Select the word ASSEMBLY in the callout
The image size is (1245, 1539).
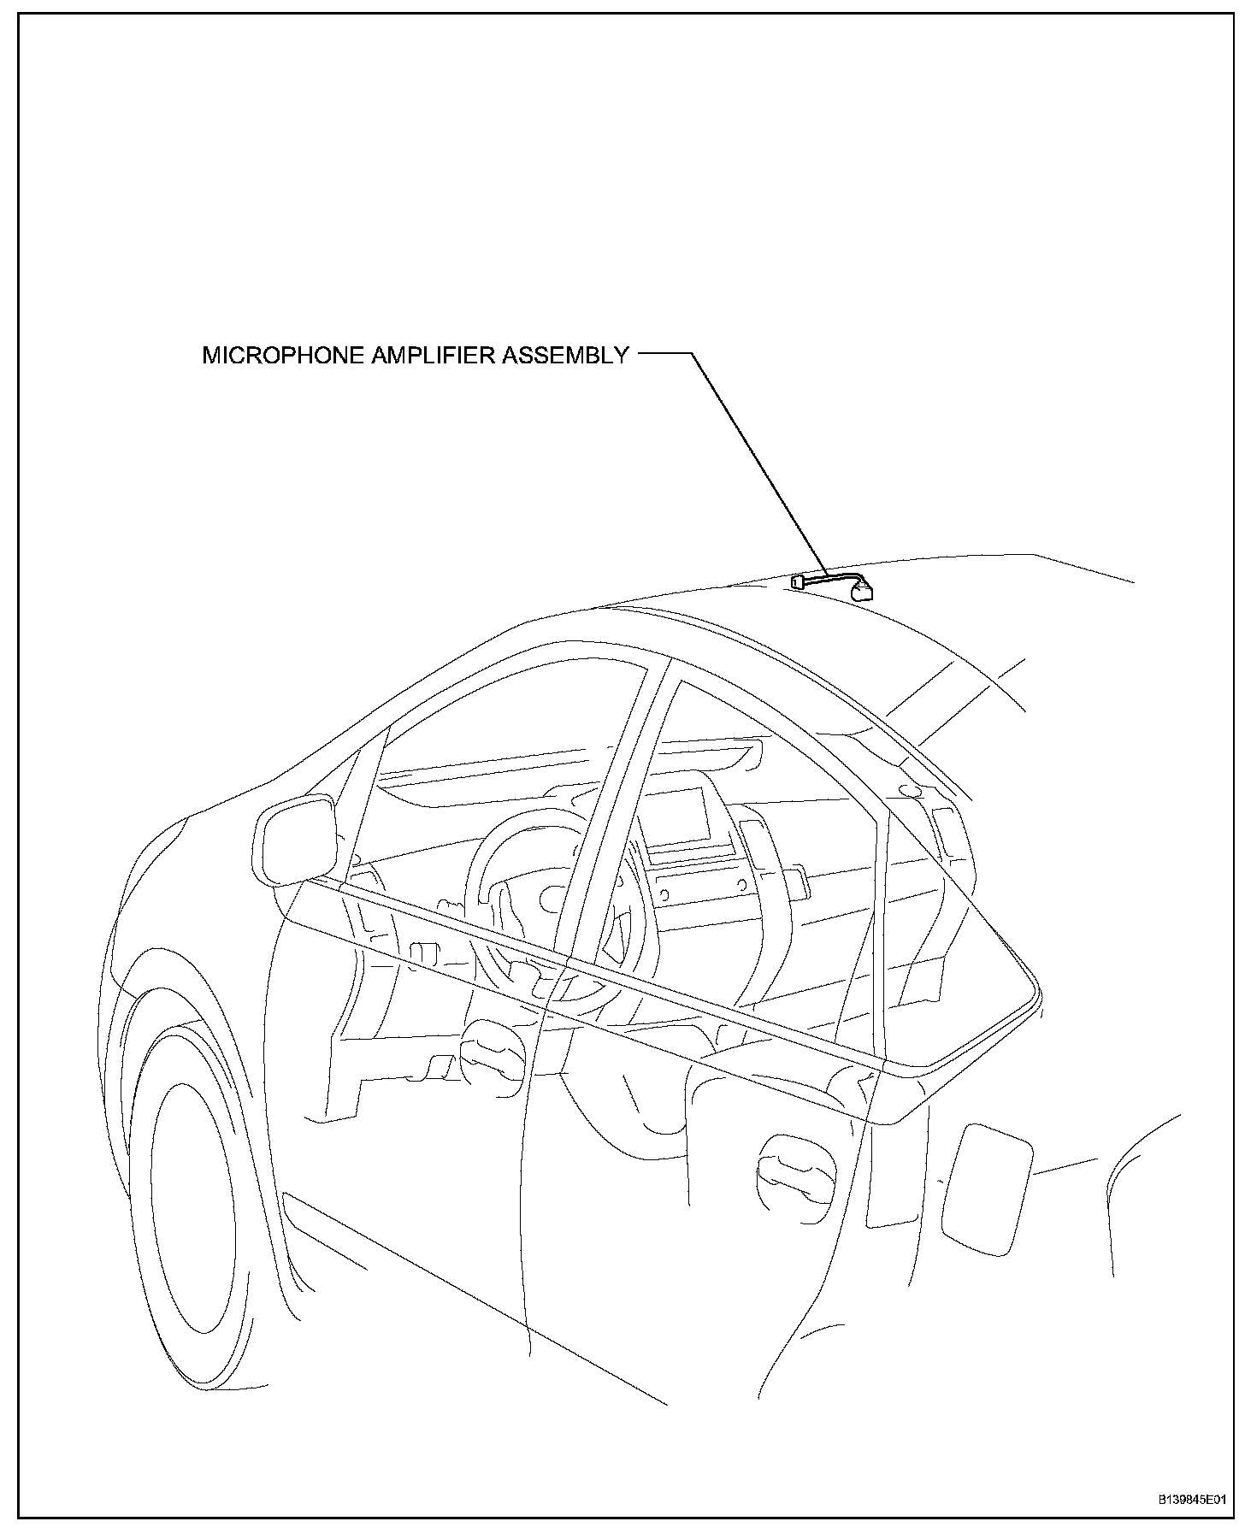point(564,356)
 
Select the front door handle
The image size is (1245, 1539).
point(491,1053)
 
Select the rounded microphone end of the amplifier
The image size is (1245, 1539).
point(864,591)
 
